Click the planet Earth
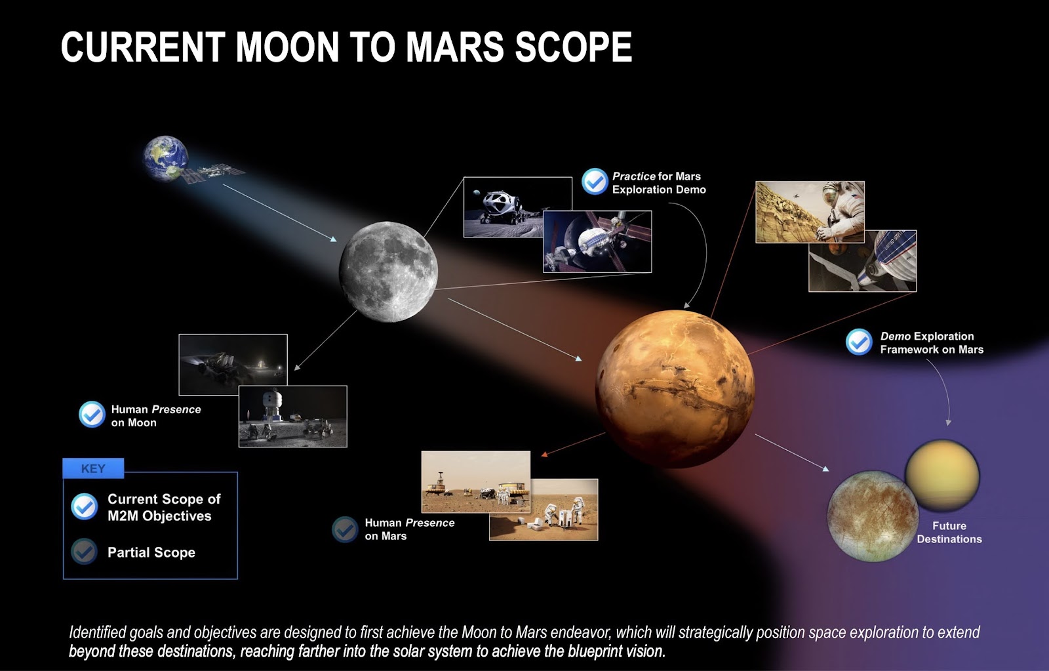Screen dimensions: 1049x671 tap(165, 158)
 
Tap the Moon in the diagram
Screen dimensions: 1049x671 tap(388, 272)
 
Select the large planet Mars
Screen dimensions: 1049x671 tap(675, 388)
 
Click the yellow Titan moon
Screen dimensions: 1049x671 tap(941, 476)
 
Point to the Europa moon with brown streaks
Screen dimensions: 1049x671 tap(873, 516)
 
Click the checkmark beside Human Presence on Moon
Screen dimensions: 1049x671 tap(92, 415)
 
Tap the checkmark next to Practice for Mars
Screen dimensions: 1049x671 tap(595, 181)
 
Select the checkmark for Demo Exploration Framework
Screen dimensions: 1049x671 tap(859, 342)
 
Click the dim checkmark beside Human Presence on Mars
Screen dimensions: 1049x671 tap(345, 529)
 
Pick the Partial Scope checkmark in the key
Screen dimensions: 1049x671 tap(85, 552)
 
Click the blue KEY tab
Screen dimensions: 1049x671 tap(93, 468)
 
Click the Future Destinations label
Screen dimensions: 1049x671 tap(949, 533)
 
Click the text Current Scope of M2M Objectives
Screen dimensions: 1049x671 tap(164, 508)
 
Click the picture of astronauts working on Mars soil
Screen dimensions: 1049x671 tap(544, 510)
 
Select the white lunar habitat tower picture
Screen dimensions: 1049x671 tap(293, 417)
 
